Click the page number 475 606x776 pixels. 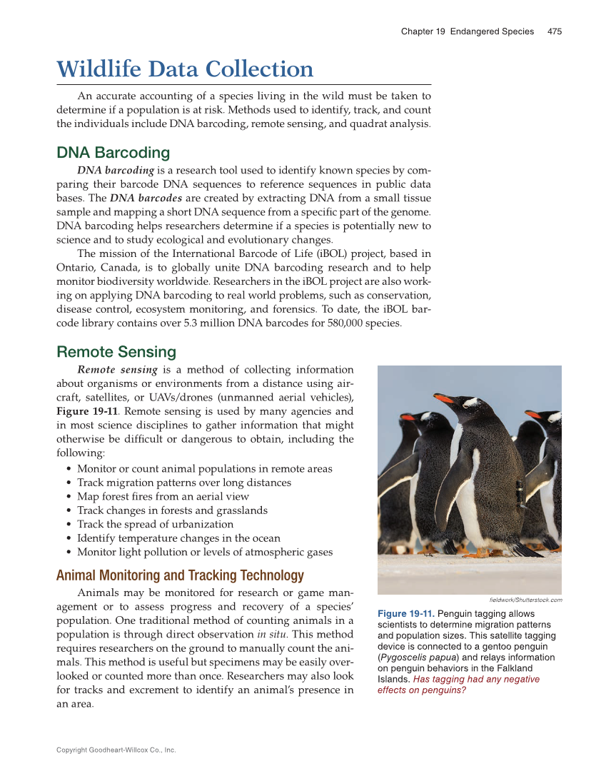(x=554, y=31)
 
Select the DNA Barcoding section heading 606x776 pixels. (x=113, y=153)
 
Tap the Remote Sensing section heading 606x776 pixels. (x=116, y=352)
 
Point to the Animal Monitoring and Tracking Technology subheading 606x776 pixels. (x=180, y=575)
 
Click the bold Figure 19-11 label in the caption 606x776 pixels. (x=405, y=614)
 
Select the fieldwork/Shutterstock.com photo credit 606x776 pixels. (x=525, y=600)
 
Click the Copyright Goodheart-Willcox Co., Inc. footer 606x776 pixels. (x=116, y=750)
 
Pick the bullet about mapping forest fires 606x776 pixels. (x=163, y=496)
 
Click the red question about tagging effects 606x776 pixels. (x=459, y=684)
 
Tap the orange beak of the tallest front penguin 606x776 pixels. (x=444, y=398)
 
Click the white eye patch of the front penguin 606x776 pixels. (x=471, y=402)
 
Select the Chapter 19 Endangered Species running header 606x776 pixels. (x=467, y=31)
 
